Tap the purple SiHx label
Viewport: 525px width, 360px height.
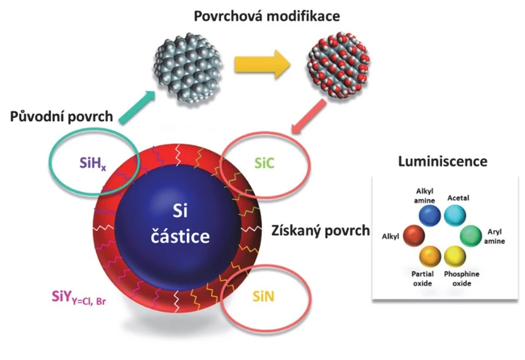pos(93,163)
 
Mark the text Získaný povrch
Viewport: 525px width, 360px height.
pos(321,230)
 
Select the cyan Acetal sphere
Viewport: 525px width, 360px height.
pos(456,214)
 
